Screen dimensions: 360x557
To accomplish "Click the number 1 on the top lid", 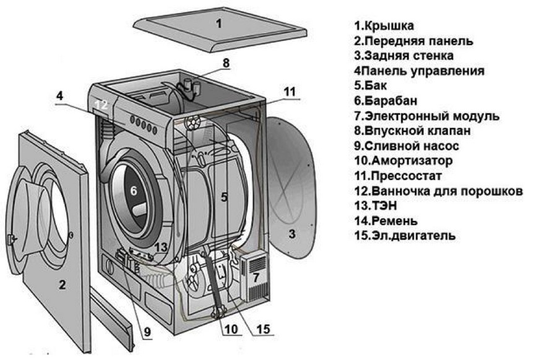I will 218,25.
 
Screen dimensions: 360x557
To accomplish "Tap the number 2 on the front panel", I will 62,285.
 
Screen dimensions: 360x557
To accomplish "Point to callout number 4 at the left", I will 59,96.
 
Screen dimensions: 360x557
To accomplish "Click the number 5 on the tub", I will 225,197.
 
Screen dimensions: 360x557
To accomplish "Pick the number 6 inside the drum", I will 133,192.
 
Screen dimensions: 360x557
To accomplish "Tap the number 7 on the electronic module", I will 255,277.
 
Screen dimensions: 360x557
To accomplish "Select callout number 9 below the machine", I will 147,331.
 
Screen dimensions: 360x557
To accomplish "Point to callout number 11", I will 290,91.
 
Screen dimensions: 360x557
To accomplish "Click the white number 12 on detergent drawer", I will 101,105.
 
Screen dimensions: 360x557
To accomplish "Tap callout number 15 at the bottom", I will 262,329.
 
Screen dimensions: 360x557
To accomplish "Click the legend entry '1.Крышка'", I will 384,25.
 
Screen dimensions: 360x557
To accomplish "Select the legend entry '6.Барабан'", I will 386,101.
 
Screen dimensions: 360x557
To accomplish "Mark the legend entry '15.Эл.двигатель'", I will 405,236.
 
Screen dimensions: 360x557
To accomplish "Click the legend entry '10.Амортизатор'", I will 404,161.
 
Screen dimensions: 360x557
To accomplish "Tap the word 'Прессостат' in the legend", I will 412,176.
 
